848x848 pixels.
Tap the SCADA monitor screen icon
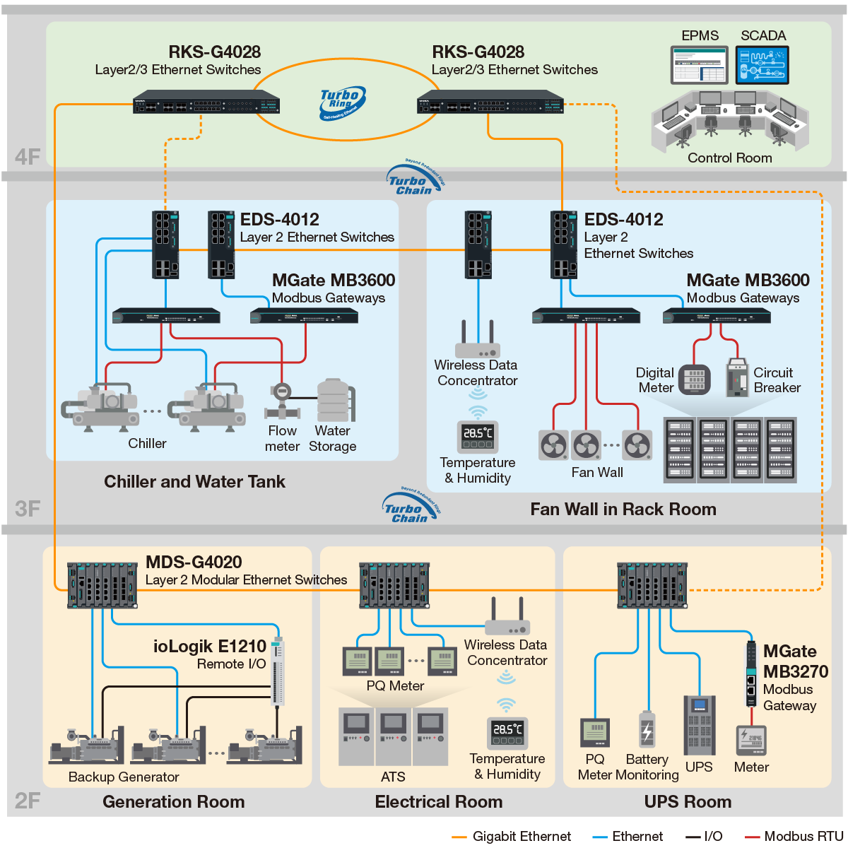pos(762,65)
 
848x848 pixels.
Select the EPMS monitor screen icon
pos(699,65)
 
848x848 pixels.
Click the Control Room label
pos(730,158)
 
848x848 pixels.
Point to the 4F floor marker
pos(28,157)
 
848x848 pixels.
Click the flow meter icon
pos(282,401)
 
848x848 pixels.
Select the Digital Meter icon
pos(695,379)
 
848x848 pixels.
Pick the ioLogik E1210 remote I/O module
pos(278,671)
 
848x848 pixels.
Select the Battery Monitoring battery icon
pos(647,731)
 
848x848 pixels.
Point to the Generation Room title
pos(174,802)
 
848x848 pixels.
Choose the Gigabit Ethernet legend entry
pos(512,837)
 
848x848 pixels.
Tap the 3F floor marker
pos(28,509)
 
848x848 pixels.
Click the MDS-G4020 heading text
pos(194,563)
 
